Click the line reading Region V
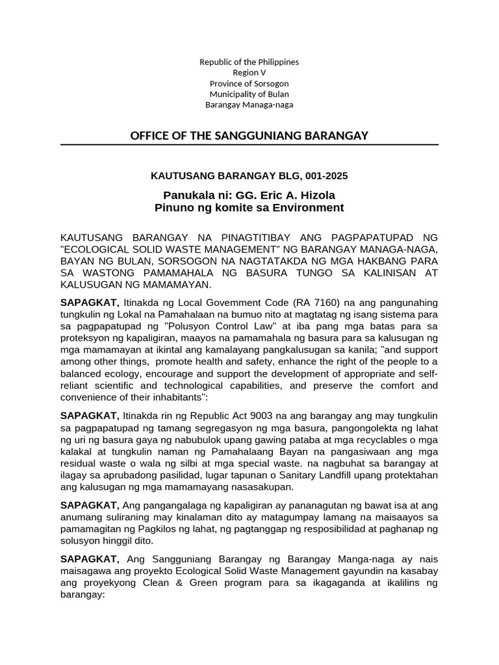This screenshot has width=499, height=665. pos(249,73)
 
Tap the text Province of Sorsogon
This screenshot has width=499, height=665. pos(249,83)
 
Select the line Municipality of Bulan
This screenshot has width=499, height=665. pos(249,94)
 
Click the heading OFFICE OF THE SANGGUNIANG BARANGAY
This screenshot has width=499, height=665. pos(249,136)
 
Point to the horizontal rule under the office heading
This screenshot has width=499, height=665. pos(249,145)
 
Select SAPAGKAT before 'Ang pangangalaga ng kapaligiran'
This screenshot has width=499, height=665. pos(89,505)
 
